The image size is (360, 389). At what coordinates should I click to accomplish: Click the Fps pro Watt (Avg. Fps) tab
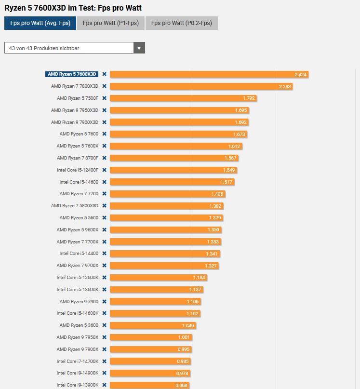40,23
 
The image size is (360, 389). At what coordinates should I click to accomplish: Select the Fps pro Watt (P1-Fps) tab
111,23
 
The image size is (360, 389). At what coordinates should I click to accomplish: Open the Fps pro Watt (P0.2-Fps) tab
181,23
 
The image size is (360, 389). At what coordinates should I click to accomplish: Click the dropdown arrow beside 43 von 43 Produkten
139,48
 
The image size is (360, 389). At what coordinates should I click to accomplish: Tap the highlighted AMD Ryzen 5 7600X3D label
72,74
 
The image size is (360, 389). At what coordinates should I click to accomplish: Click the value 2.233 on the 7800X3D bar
285,86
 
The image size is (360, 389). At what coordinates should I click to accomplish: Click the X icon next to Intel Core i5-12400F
104,170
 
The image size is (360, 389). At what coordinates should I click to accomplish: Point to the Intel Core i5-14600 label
79,182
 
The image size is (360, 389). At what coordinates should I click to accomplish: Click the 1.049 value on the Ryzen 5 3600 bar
188,325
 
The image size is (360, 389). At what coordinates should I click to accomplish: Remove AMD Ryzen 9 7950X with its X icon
104,337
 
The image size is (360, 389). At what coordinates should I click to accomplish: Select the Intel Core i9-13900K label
77,385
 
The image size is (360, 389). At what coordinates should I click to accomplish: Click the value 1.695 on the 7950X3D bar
241,110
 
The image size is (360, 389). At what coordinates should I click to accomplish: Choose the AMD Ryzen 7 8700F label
77,158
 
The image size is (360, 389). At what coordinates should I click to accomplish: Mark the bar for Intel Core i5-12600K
154,278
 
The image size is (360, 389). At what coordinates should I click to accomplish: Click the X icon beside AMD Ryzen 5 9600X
104,230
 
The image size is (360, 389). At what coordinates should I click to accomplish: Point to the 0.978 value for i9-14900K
182,373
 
